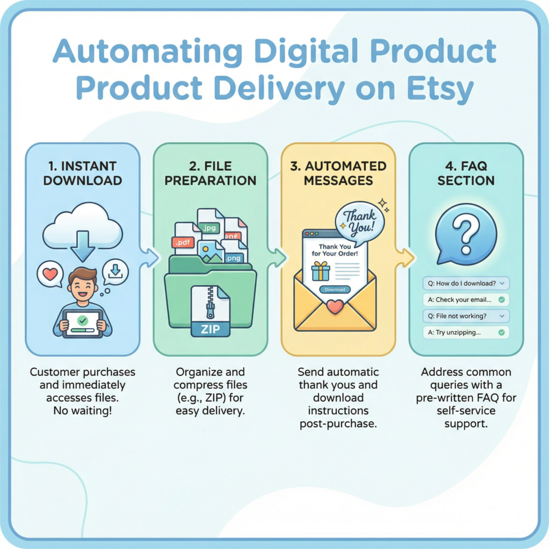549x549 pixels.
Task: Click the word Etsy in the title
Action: pyautogui.click(x=440, y=88)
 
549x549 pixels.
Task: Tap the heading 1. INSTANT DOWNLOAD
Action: pyautogui.click(x=83, y=173)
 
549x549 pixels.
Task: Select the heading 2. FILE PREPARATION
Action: pyautogui.click(x=210, y=173)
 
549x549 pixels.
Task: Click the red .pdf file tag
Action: pyautogui.click(x=183, y=242)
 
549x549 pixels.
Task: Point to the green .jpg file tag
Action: pyautogui.click(x=210, y=228)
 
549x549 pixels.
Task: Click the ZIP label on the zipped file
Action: pyautogui.click(x=210, y=329)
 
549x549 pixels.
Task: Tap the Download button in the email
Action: pyautogui.click(x=335, y=290)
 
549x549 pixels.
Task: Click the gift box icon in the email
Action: pyautogui.click(x=321, y=271)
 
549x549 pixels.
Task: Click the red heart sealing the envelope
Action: pyautogui.click(x=335, y=307)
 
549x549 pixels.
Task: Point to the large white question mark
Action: pyautogui.click(x=466, y=234)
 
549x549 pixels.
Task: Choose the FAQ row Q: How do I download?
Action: pyautogui.click(x=466, y=283)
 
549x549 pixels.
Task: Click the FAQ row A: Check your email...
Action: pyautogui.click(x=466, y=300)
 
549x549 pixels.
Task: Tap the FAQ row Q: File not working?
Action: pyautogui.click(x=466, y=316)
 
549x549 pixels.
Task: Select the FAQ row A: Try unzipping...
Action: pyautogui.click(x=466, y=332)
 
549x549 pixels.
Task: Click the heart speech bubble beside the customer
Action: pyautogui.click(x=50, y=274)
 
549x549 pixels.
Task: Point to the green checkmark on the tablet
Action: pyautogui.click(x=83, y=320)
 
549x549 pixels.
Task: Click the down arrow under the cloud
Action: pyautogui.click(x=83, y=246)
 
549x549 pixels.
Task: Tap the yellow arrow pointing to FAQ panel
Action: pyautogui.click(x=405, y=258)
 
